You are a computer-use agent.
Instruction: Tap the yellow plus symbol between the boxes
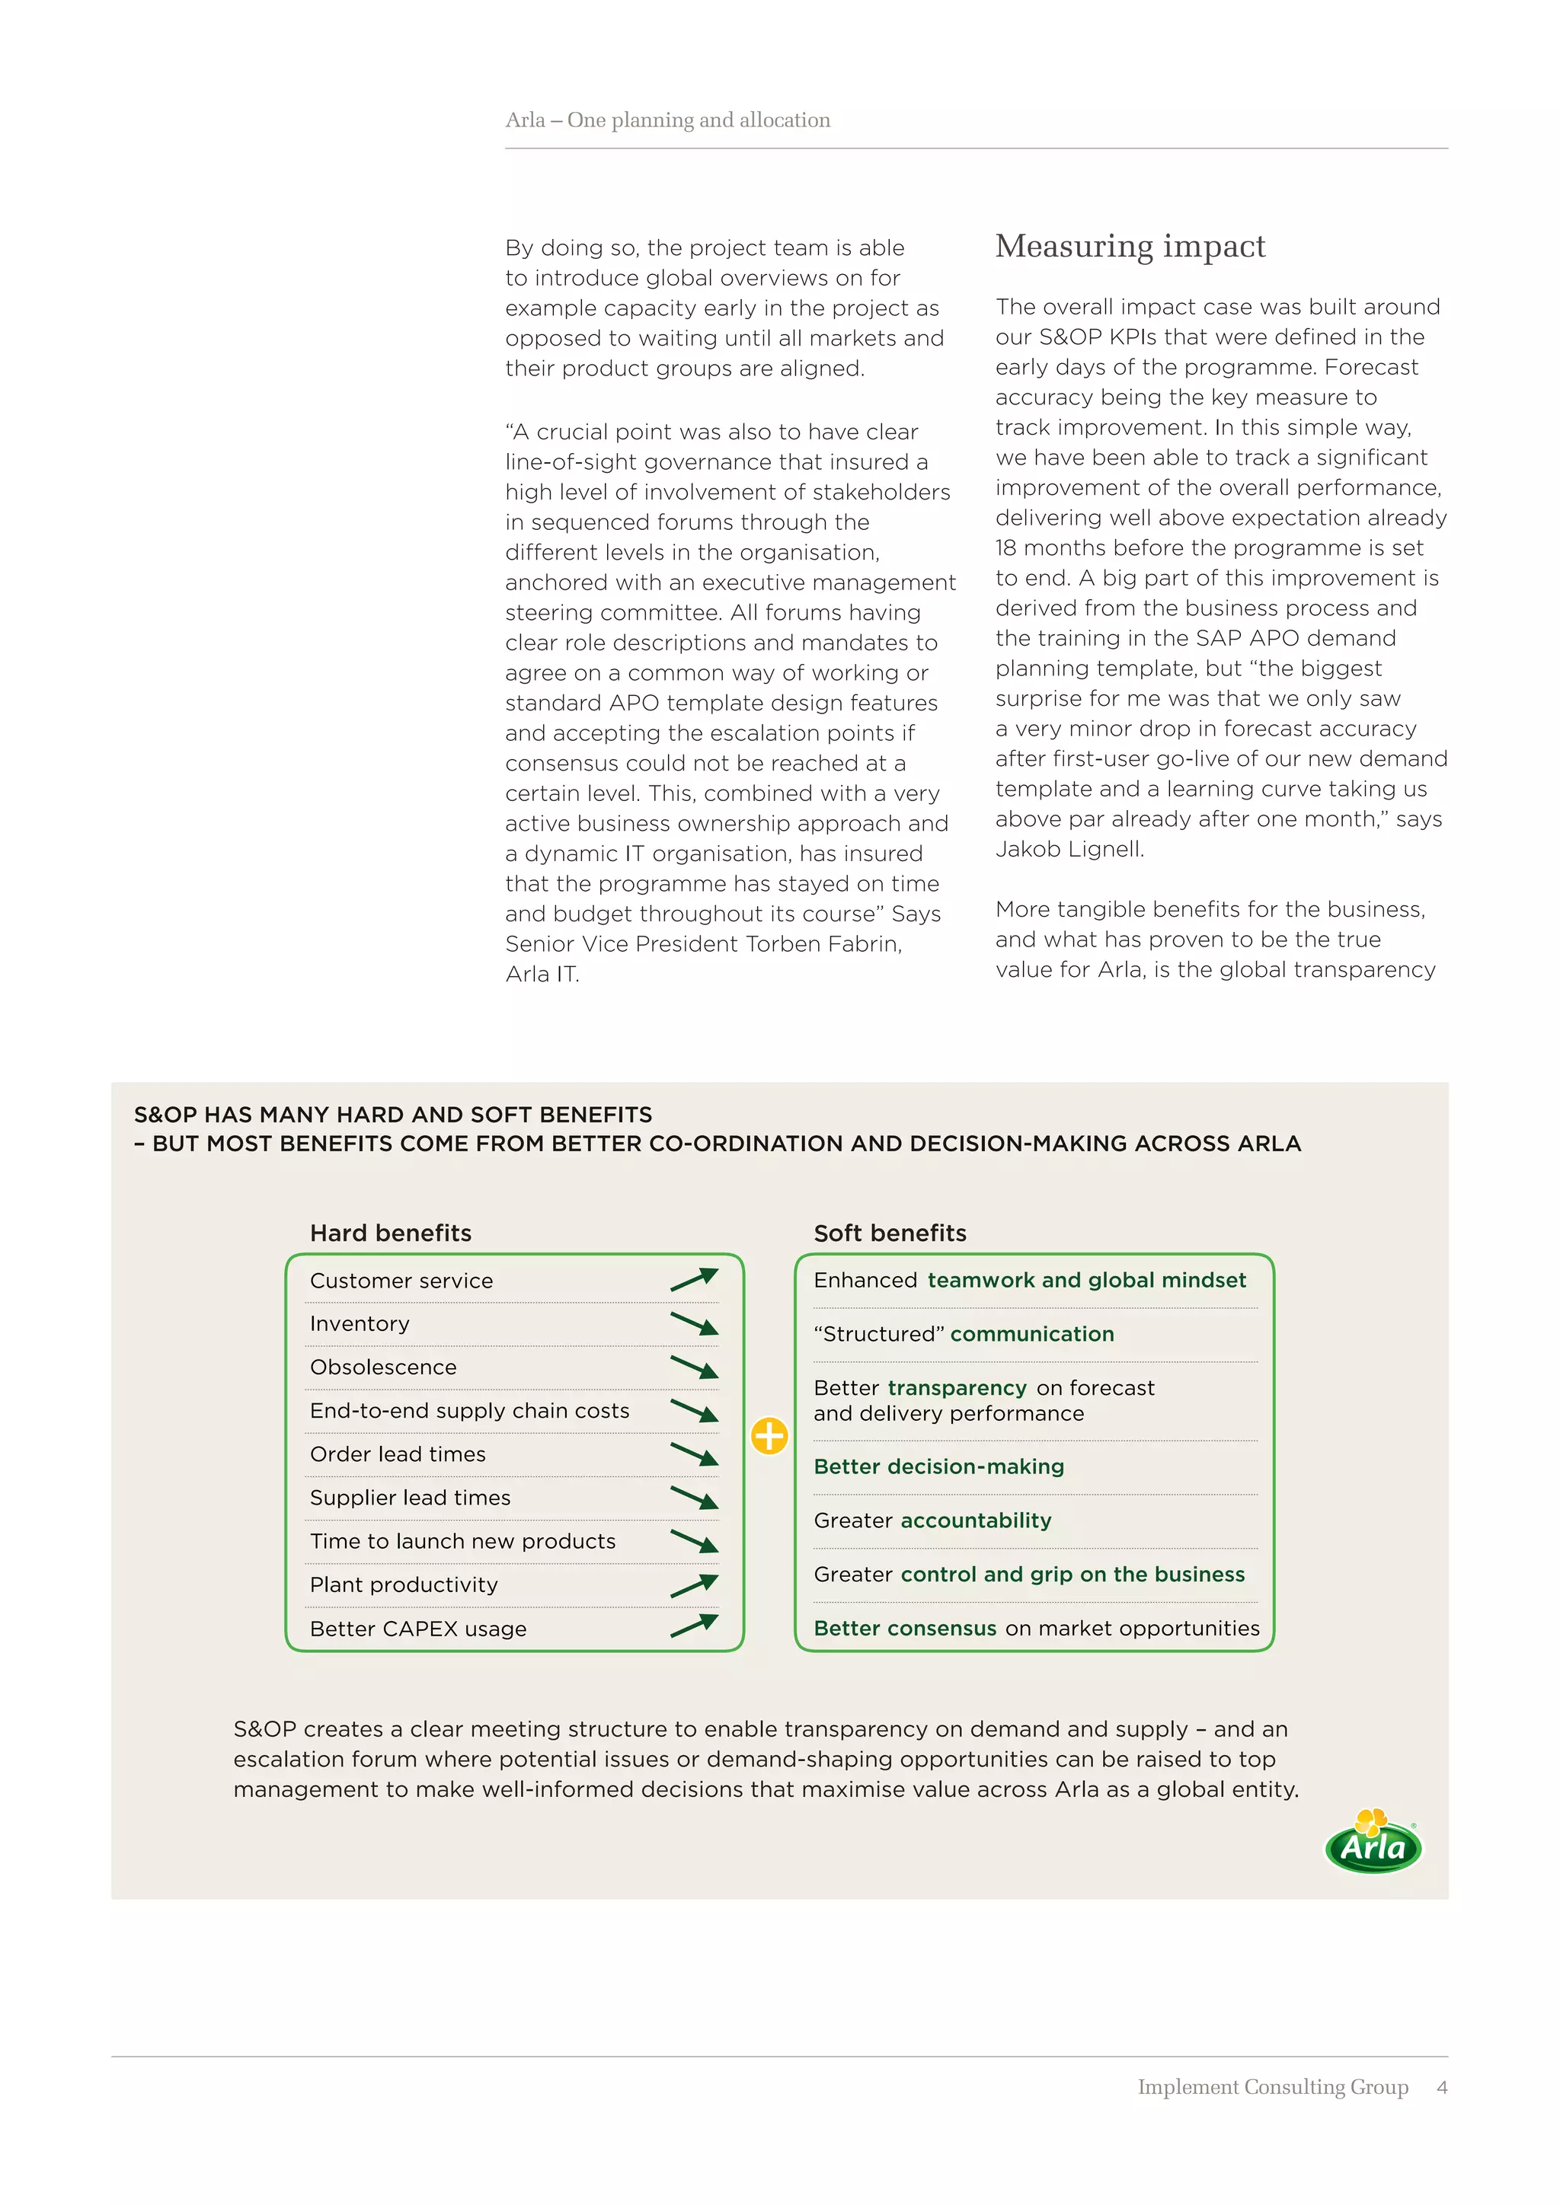click(769, 1437)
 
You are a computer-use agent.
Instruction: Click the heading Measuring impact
click(1130, 246)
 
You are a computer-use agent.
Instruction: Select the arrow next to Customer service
click(695, 1279)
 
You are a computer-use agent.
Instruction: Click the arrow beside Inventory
click(695, 1323)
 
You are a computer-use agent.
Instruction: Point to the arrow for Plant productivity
click(695, 1584)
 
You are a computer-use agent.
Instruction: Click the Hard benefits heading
click(390, 1233)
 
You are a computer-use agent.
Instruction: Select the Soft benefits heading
click(890, 1233)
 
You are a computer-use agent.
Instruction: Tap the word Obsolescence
click(383, 1367)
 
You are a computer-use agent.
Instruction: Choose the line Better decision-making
click(938, 1466)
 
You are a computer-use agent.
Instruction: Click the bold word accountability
click(975, 1521)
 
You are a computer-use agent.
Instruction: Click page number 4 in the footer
click(1442, 2087)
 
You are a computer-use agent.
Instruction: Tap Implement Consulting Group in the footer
click(1273, 2087)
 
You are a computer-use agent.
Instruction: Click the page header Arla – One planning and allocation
click(667, 120)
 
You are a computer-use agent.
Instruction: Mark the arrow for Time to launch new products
click(695, 1541)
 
